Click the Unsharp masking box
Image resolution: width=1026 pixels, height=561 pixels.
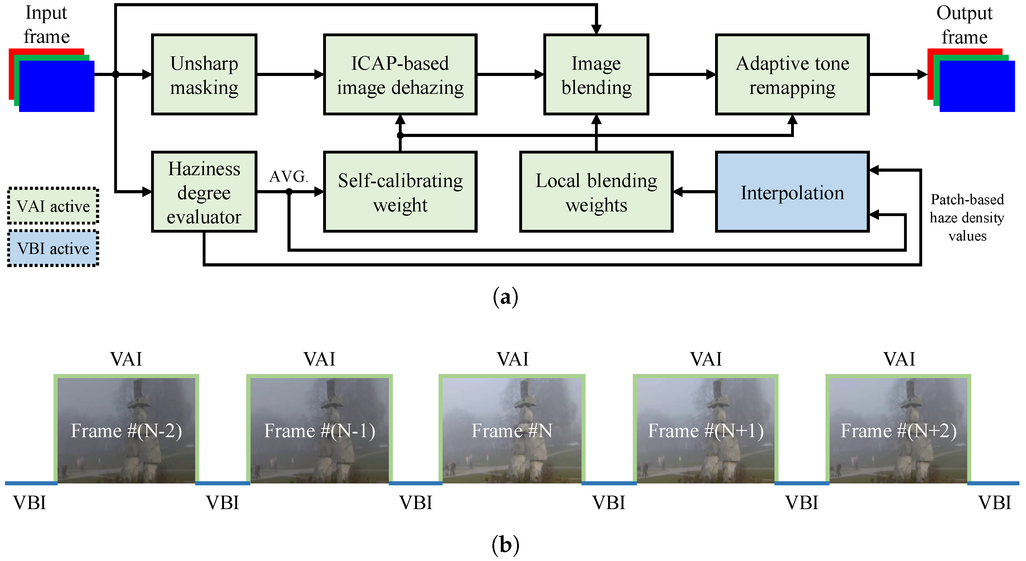[204, 74]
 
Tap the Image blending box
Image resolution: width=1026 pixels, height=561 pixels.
[596, 74]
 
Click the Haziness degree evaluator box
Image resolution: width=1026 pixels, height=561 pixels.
[204, 192]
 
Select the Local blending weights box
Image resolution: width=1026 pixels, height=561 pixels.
[596, 192]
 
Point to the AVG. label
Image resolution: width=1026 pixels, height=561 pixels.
[288, 176]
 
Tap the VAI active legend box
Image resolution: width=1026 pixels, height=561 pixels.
[53, 206]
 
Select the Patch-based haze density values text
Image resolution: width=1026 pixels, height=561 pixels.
[967, 217]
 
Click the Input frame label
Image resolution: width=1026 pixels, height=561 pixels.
[47, 25]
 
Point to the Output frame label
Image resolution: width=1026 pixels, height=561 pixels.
[964, 25]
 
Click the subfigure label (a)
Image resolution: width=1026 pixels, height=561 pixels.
[505, 297]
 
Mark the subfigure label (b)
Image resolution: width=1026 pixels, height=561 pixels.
[505, 545]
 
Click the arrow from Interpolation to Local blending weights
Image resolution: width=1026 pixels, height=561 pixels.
[694, 192]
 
